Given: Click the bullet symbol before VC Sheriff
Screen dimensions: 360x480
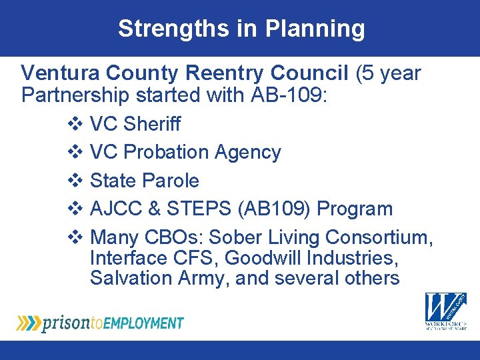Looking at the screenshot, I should click(75, 124).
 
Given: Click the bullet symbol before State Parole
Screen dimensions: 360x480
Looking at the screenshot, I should click(75, 181).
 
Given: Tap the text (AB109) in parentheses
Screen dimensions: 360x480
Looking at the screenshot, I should click(274, 209).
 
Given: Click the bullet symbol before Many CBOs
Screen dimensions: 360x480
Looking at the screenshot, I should click(75, 237).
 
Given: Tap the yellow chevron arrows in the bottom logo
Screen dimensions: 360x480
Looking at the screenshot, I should click(29, 323).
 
